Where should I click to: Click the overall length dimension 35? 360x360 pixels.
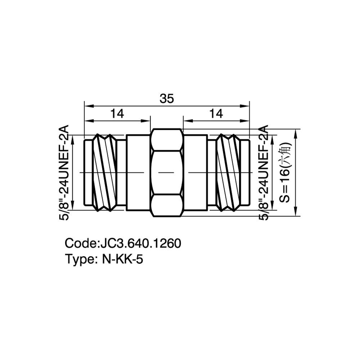(167, 99)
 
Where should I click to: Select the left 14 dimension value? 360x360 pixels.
(117, 114)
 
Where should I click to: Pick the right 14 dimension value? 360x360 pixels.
(216, 114)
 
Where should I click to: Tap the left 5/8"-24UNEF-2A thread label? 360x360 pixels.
(64, 173)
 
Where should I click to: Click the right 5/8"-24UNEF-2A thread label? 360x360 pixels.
(264, 173)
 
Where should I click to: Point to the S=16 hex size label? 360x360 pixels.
(285, 173)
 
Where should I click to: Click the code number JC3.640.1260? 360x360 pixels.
(141, 243)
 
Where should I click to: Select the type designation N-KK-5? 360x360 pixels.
(122, 260)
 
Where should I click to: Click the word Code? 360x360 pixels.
(81, 243)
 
